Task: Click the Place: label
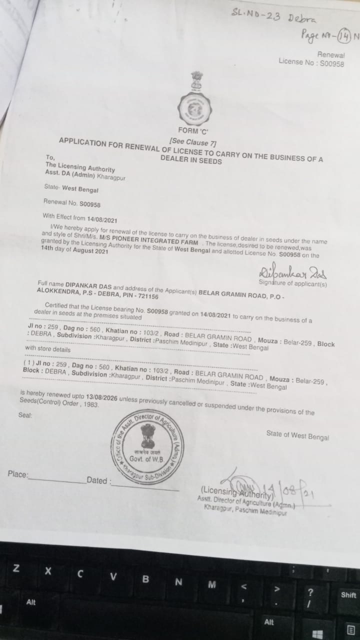pos(18,474)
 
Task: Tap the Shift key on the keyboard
pos(348,595)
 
